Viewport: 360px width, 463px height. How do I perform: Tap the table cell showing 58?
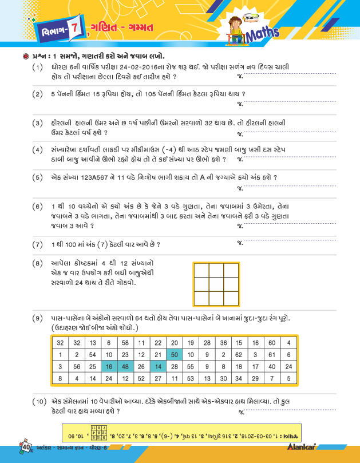point(125,342)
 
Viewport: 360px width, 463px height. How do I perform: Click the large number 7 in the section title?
point(72,29)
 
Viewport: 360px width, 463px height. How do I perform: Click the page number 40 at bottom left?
point(27,445)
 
